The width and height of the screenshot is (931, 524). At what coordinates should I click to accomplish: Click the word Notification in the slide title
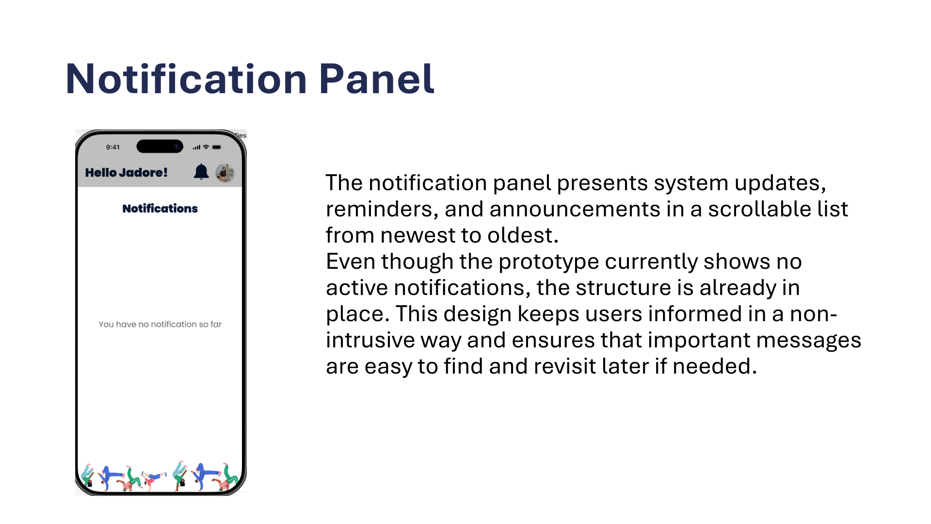click(x=187, y=79)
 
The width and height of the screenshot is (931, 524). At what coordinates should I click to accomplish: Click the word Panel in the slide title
click(x=377, y=79)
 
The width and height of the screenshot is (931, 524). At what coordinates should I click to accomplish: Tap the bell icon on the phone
click(x=201, y=172)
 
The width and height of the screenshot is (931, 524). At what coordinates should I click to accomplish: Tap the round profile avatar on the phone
click(x=225, y=172)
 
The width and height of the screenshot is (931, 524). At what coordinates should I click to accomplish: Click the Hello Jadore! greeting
click(x=126, y=172)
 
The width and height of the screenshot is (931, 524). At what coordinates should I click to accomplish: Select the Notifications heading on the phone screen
click(x=160, y=208)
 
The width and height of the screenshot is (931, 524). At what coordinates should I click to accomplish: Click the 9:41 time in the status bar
click(x=113, y=147)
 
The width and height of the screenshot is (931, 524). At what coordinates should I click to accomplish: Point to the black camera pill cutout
click(x=160, y=146)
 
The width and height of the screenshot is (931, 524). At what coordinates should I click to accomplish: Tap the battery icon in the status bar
click(x=217, y=147)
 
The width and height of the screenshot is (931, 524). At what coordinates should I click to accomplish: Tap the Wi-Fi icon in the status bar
click(x=206, y=147)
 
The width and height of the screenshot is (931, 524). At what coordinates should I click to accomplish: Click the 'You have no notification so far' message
click(x=160, y=324)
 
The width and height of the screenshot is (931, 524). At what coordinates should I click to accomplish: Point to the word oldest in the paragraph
click(x=523, y=235)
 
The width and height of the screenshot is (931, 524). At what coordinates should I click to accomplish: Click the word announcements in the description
click(x=575, y=209)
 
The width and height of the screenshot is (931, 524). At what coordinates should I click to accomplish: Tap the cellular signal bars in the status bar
click(x=196, y=147)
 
